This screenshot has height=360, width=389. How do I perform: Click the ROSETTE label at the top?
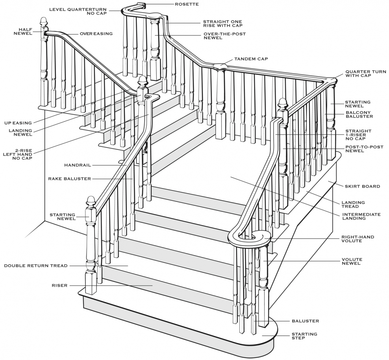187,4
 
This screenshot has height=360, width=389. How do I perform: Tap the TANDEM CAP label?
251,59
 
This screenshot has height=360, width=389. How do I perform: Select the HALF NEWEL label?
23,32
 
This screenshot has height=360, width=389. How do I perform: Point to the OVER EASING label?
96,34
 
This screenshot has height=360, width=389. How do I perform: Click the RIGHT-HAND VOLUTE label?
358,239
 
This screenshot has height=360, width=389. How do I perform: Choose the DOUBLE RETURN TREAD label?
36,266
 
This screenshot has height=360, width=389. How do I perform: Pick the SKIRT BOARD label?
363,186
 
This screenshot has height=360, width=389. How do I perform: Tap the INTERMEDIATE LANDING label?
361,216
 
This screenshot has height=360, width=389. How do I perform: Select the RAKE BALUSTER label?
69,179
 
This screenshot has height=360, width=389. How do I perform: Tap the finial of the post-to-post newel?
283,104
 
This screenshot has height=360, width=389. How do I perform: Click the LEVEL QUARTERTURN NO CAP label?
78,11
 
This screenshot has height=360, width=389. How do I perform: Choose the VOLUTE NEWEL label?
352,262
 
